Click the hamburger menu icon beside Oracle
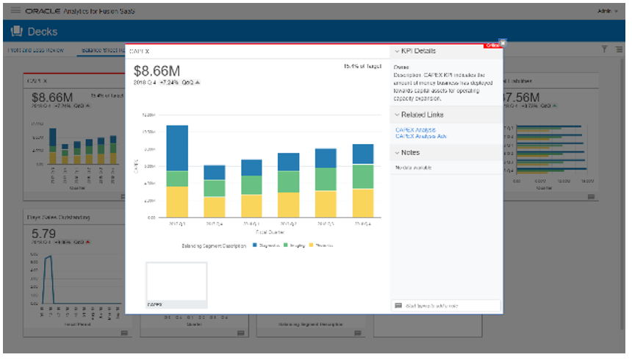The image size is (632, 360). click(x=15, y=12)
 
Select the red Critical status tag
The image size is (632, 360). click(x=492, y=46)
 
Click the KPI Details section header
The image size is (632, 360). click(x=417, y=51)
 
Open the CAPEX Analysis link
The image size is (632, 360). click(x=416, y=130)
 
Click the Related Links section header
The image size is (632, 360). click(x=421, y=115)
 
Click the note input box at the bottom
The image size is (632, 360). click(x=447, y=306)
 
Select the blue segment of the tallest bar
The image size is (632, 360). click(x=177, y=148)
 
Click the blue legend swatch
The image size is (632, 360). click(x=254, y=245)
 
